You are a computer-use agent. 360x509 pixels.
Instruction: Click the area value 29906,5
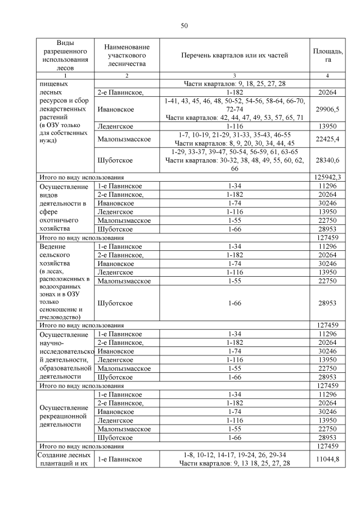[x=327, y=109]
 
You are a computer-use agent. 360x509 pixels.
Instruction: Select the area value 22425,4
[x=327, y=139]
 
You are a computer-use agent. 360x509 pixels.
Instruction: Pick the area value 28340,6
[x=327, y=160]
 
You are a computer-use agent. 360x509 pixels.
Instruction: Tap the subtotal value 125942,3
[x=327, y=177]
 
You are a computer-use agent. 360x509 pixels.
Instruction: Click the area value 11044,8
[x=327, y=460]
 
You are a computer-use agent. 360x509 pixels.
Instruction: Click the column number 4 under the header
[x=327, y=76]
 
